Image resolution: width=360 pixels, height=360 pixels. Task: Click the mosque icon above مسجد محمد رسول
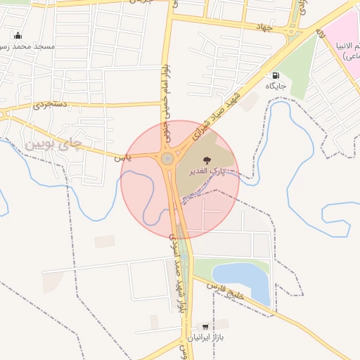point(18,35)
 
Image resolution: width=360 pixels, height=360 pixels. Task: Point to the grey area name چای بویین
point(54,145)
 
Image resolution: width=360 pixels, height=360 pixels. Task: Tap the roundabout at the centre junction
point(167,159)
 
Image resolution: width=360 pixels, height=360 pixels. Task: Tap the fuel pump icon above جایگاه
point(274,75)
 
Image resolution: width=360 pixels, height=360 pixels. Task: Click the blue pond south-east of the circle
point(243,280)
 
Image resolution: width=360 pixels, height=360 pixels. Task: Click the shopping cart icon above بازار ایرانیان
point(205,327)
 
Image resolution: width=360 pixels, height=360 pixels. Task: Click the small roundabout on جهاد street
point(292,31)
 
